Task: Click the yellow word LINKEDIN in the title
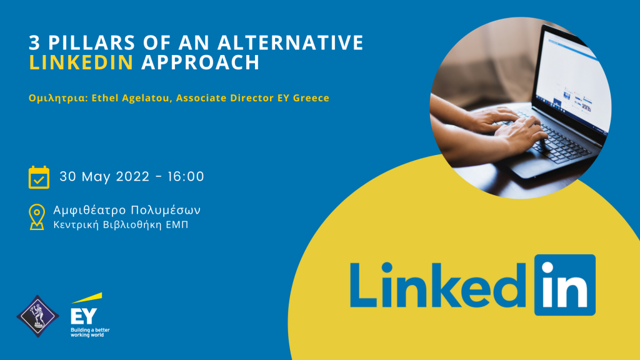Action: (x=81, y=62)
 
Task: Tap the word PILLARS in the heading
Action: (x=92, y=42)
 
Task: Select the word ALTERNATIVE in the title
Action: (x=291, y=42)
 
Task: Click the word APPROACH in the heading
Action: (x=201, y=62)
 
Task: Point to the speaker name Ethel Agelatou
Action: (x=131, y=98)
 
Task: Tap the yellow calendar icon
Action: (x=39, y=177)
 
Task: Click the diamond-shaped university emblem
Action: (x=37, y=316)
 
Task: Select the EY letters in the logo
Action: (x=84, y=316)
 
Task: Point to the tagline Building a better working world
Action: (x=90, y=332)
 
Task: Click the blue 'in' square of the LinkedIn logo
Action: (x=565, y=285)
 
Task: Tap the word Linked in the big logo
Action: (x=438, y=285)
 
